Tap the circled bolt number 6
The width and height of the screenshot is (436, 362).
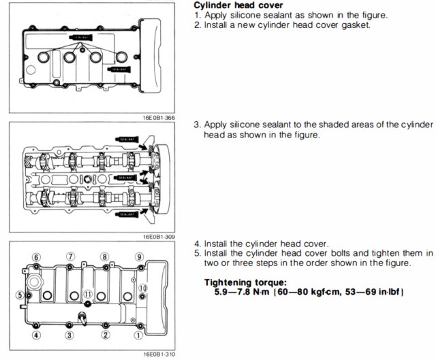[35, 257]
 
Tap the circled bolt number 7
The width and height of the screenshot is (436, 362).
[69, 257]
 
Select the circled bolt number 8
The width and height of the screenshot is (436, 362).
[104, 257]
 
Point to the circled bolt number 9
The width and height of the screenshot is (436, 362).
[139, 257]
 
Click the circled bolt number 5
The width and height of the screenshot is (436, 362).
[20, 295]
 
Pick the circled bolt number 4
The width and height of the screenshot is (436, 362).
[35, 335]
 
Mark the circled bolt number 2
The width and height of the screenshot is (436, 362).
[105, 335]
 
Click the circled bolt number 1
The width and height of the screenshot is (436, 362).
[139, 335]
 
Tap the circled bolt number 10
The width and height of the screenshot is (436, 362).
[142, 288]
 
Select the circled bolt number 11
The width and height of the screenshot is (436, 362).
[87, 294]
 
